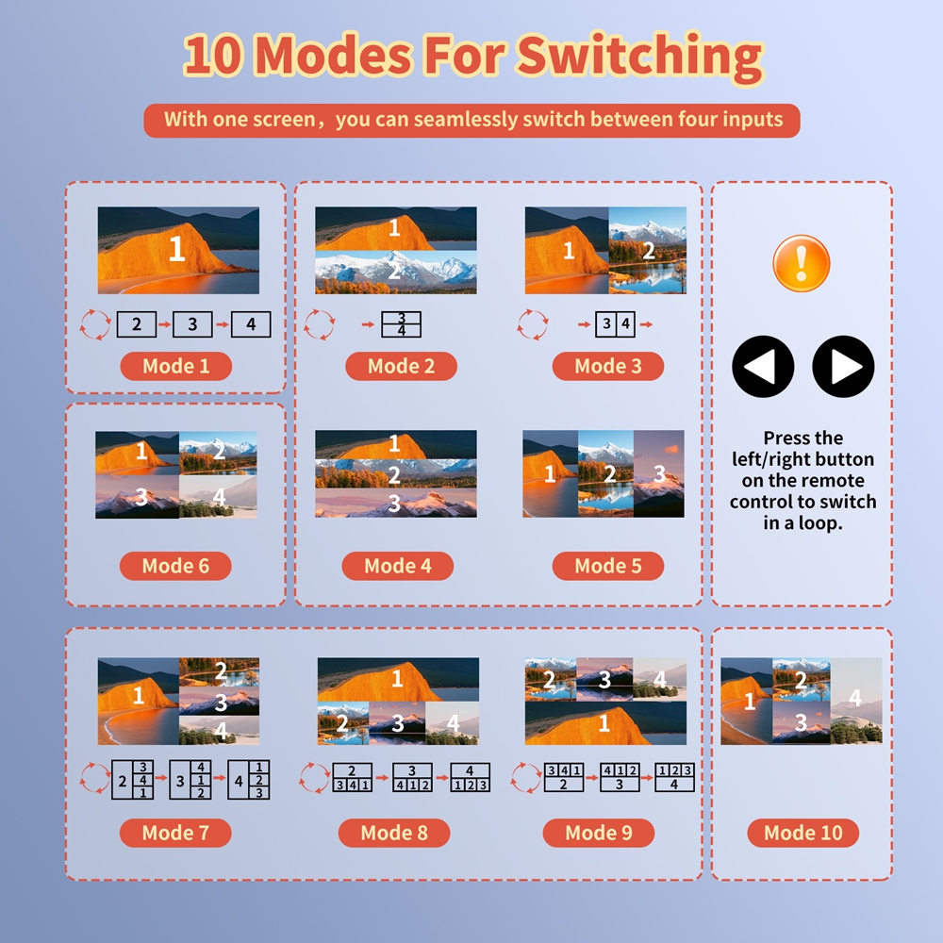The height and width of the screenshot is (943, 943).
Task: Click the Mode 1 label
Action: click(176, 366)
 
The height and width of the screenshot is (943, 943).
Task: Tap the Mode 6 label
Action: click(175, 566)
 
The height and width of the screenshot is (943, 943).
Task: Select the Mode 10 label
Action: click(802, 833)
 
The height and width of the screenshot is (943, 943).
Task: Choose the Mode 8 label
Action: click(394, 833)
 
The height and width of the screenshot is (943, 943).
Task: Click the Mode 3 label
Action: click(608, 366)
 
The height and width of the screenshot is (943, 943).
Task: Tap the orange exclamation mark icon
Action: click(801, 263)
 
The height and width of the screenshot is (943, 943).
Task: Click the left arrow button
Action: click(763, 366)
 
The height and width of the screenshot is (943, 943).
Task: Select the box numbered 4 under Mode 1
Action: click(251, 324)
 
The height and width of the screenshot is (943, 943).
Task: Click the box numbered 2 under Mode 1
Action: click(137, 324)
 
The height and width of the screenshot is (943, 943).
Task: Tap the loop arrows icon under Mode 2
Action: click(319, 324)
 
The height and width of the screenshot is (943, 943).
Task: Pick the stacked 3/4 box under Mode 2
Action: click(401, 324)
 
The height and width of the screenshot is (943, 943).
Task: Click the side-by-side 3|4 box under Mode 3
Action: click(615, 324)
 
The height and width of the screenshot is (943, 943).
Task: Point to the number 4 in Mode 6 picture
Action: click(219, 497)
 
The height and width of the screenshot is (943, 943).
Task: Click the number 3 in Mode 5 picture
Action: click(660, 474)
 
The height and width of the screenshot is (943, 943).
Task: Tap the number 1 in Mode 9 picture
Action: click(604, 723)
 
